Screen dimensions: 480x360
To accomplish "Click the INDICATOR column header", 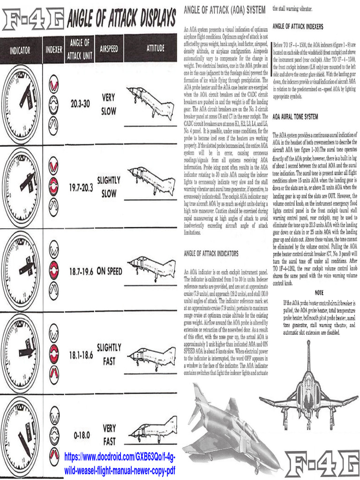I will [20, 49].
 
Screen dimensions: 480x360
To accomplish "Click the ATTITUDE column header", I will [155, 48].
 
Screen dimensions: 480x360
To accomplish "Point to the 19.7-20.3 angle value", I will [81, 187].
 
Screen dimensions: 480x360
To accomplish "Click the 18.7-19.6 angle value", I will [81, 271].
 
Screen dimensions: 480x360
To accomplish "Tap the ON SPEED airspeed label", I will [109, 271].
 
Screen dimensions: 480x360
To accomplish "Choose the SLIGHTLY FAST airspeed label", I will [109, 354].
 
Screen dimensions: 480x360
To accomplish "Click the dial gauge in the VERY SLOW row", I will [21, 104].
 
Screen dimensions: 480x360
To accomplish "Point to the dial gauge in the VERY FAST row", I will [21, 436].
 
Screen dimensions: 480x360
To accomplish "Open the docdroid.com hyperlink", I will [119, 463].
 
